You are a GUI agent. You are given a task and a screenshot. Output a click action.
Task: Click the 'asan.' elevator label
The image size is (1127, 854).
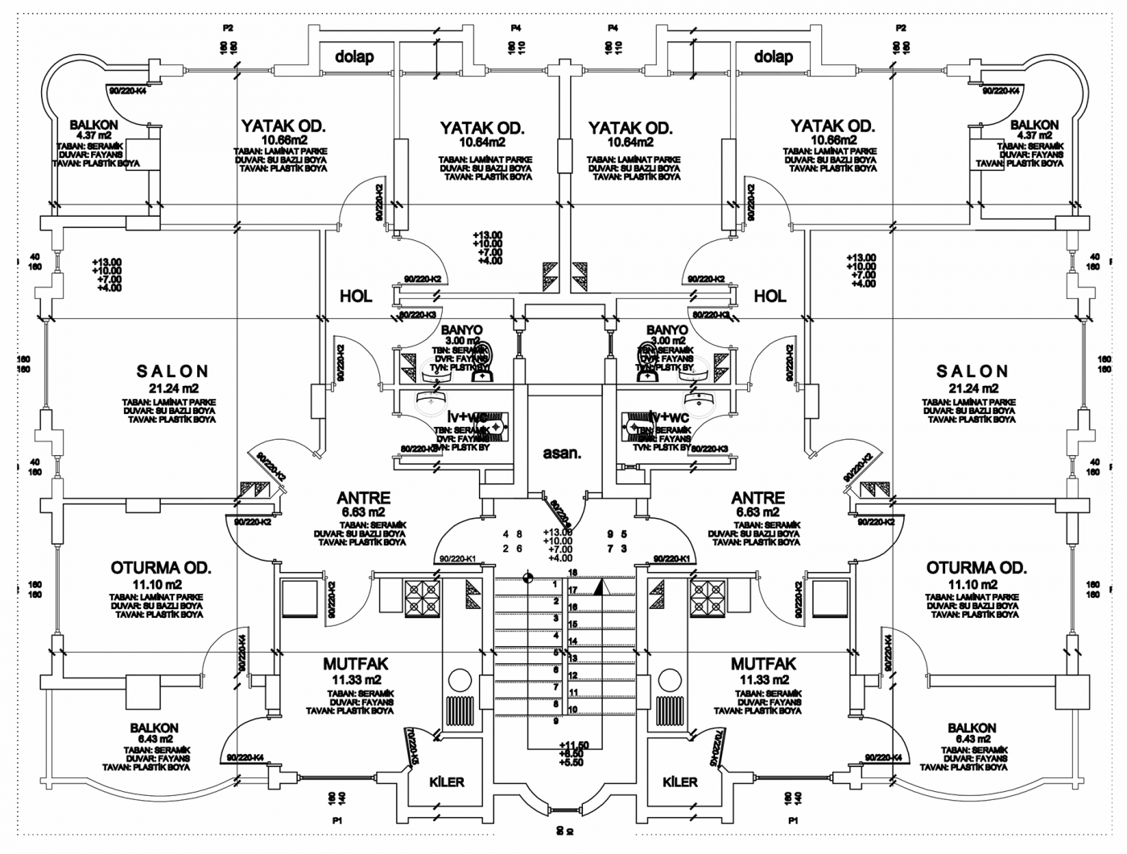pyautogui.click(x=561, y=453)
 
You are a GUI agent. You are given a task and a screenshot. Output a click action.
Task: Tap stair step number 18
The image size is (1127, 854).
pyautogui.click(x=573, y=573)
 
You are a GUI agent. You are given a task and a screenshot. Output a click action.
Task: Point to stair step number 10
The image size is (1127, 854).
pyautogui.click(x=573, y=710)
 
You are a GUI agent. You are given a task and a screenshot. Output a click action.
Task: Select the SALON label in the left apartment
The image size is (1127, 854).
pyautogui.click(x=172, y=371)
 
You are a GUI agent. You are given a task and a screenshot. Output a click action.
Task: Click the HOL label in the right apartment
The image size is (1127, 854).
pyautogui.click(x=770, y=296)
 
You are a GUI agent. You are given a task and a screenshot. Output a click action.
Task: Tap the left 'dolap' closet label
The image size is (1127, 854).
pyautogui.click(x=354, y=56)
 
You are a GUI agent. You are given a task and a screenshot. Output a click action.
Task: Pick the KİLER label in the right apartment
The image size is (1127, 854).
pyautogui.click(x=679, y=781)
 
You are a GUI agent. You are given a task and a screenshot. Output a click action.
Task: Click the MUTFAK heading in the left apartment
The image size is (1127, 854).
pyautogui.click(x=355, y=665)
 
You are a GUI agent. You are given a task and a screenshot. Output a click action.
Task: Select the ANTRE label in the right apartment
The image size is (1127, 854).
pyautogui.click(x=758, y=498)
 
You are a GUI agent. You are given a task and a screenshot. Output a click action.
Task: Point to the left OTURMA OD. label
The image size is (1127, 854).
pyautogui.click(x=161, y=568)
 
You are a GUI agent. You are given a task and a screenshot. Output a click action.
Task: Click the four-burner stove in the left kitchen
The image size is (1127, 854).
pyautogui.click(x=422, y=598)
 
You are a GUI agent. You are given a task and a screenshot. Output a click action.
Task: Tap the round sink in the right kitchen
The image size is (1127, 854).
pyautogui.click(x=669, y=678)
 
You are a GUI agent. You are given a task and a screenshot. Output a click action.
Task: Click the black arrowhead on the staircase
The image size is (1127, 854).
pyautogui.click(x=599, y=588)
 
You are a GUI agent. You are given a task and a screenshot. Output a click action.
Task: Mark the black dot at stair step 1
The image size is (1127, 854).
pyautogui.click(x=528, y=576)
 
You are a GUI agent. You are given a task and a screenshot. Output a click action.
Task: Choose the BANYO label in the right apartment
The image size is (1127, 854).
pyautogui.click(x=667, y=330)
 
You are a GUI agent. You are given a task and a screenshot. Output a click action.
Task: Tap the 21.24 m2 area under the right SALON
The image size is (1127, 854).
pyautogui.click(x=972, y=389)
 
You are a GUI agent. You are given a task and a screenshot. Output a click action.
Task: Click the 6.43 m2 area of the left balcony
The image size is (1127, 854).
pyautogui.click(x=154, y=739)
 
